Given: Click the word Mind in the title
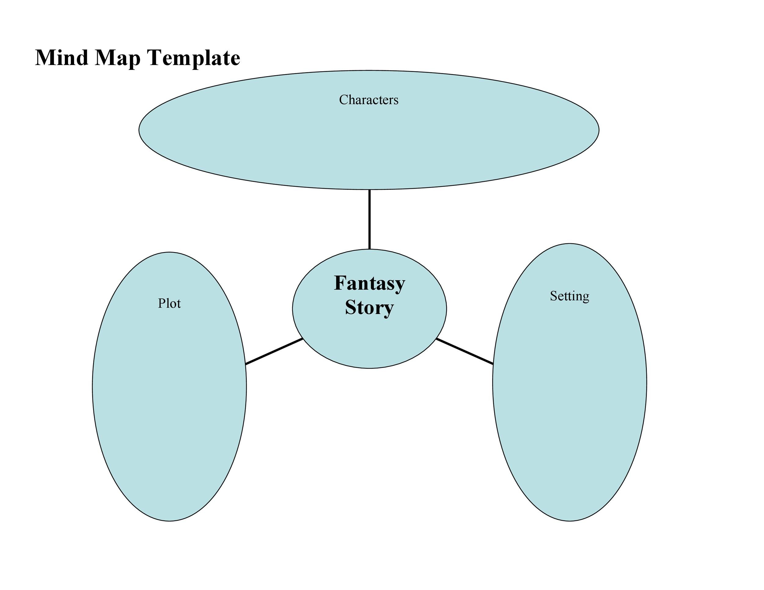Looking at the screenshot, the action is click(x=61, y=58).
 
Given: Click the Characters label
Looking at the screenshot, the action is click(x=369, y=100).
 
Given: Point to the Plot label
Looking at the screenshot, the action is click(x=169, y=303).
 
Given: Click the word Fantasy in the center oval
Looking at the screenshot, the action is click(x=369, y=284).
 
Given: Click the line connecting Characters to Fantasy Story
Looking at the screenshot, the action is click(x=369, y=220).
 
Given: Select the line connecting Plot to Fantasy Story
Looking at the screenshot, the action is click(x=274, y=351).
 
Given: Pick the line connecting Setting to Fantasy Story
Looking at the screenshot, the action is click(x=465, y=351).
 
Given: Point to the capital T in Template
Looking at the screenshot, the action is click(x=154, y=58).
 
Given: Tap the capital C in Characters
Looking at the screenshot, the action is click(x=343, y=100).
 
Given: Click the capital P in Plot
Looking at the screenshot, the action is click(x=161, y=303).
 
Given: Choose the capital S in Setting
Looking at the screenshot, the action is click(x=553, y=296).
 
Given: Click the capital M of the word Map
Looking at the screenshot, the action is click(x=104, y=58).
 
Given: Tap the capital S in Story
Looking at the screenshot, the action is click(x=350, y=308).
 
